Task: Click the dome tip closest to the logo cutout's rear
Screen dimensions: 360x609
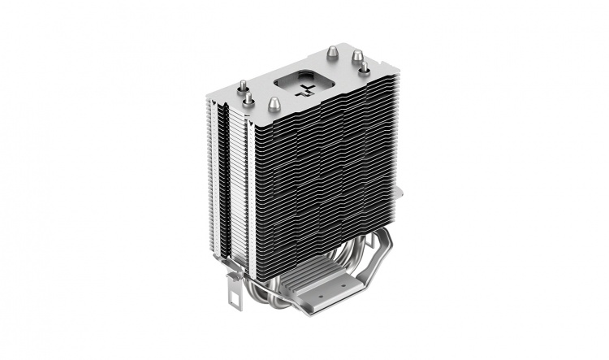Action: [x=332, y=52]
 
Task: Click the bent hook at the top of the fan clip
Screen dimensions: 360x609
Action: [x=232, y=272]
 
